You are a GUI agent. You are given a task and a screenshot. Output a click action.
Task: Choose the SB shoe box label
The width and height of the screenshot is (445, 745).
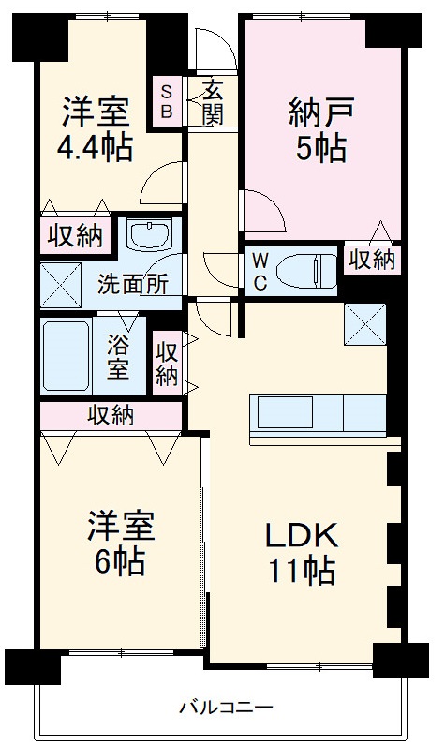pyautogui.click(x=167, y=100)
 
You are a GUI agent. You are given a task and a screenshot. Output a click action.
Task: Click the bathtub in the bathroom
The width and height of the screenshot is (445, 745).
pyautogui.click(x=66, y=356)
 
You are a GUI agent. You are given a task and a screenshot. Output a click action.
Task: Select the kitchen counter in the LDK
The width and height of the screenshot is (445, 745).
pyautogui.click(x=318, y=412)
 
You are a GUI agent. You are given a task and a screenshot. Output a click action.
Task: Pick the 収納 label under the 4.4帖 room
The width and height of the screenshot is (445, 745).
pyautogui.click(x=76, y=236)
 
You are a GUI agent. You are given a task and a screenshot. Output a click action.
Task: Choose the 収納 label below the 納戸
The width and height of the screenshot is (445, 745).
pyautogui.click(x=372, y=260)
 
